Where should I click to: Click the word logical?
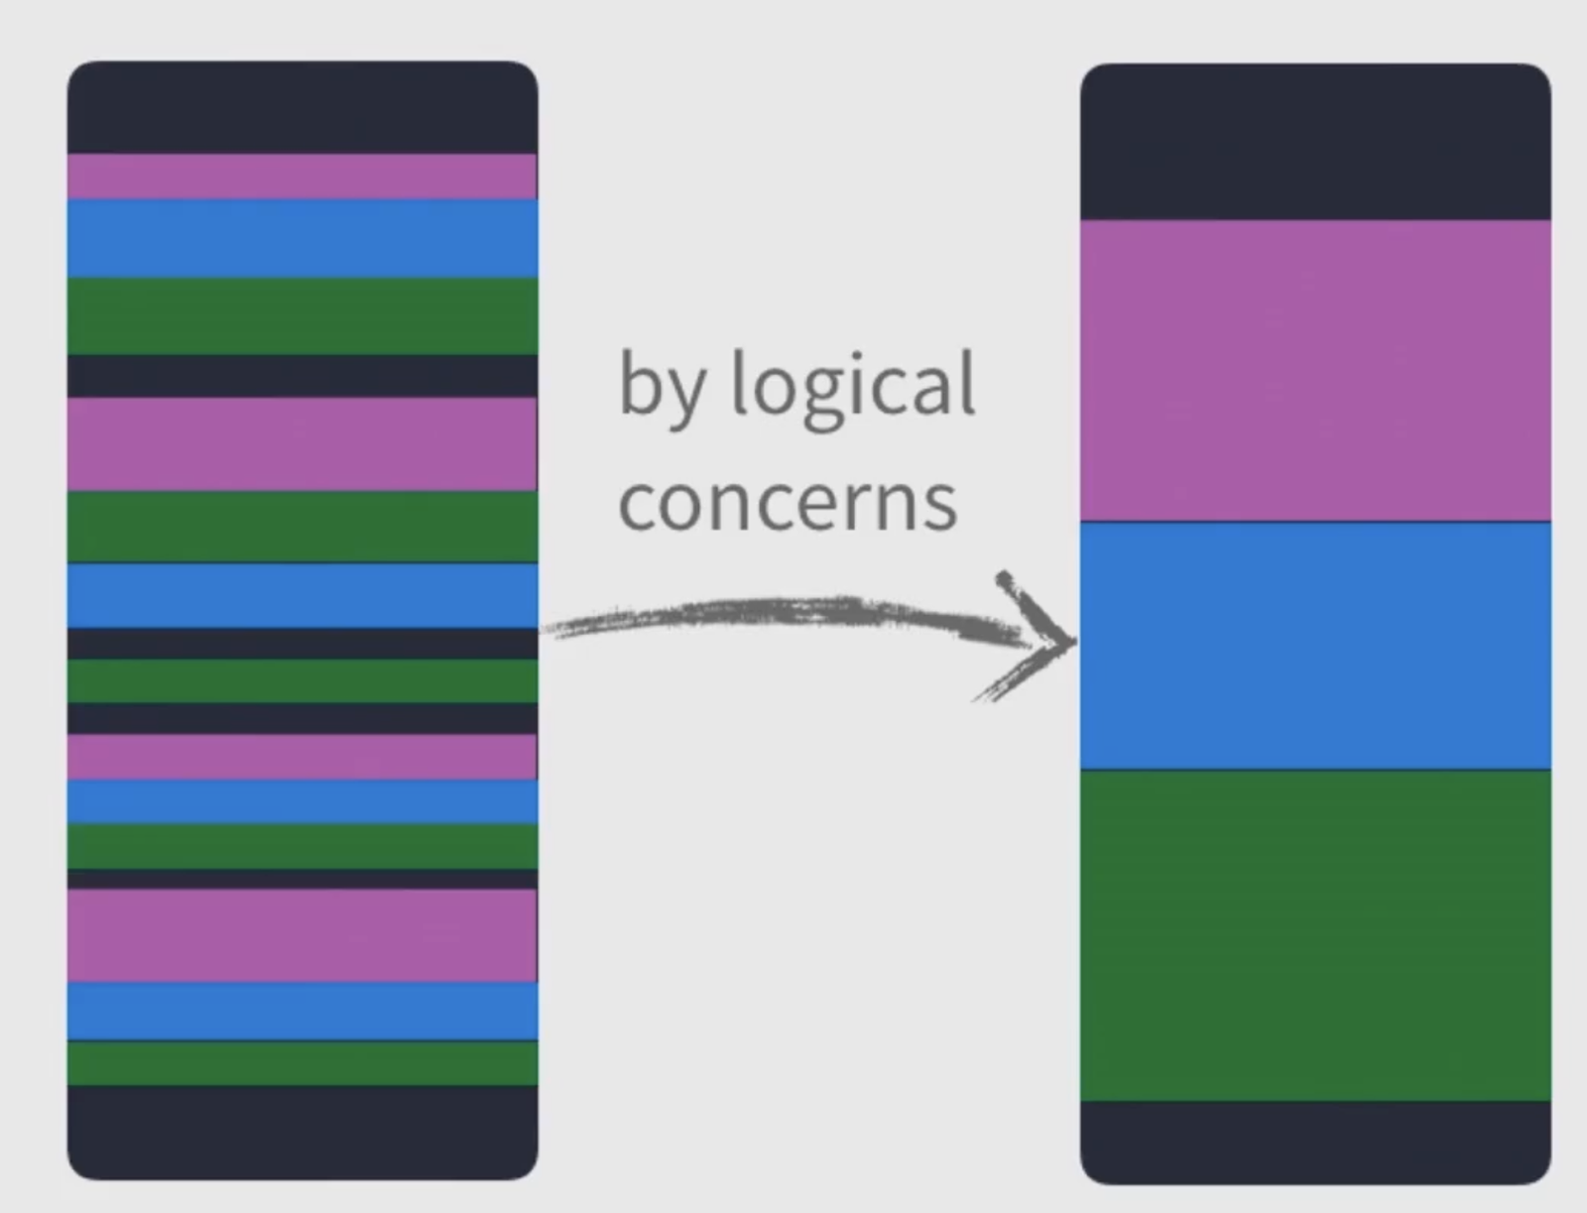[x=853, y=387]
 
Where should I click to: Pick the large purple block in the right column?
[x=1315, y=370]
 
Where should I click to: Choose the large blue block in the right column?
[x=1315, y=645]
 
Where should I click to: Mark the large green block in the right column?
[x=1315, y=934]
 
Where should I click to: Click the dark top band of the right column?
[x=1315, y=142]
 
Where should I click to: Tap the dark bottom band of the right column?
[x=1315, y=1141]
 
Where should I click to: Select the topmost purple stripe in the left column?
[x=303, y=177]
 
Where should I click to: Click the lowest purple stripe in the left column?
[x=303, y=935]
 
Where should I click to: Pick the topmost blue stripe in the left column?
[x=303, y=238]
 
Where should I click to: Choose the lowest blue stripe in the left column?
[x=303, y=1011]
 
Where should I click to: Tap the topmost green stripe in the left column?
[x=303, y=315]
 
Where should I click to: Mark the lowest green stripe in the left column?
[x=303, y=1062]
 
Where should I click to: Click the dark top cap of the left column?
[x=303, y=107]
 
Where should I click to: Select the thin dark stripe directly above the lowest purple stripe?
[x=303, y=879]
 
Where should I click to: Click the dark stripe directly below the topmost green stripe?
[x=303, y=376]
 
